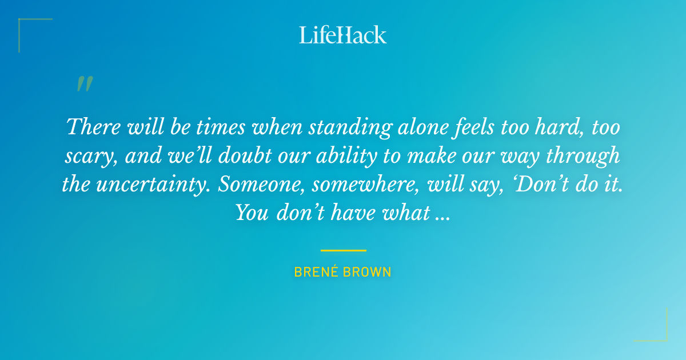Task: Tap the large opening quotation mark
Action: [x=84, y=84]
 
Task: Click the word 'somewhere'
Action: [x=362, y=185]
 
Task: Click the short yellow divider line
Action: [x=343, y=250]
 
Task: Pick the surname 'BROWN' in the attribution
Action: [x=368, y=272]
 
